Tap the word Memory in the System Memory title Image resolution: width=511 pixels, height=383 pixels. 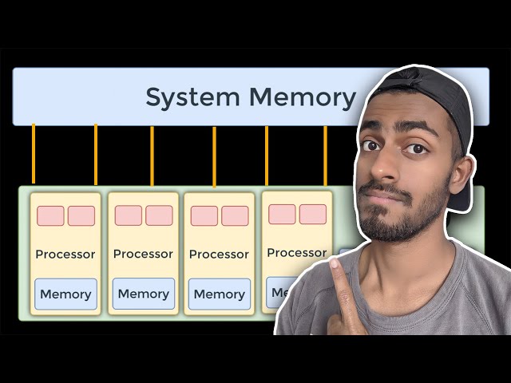[303, 97]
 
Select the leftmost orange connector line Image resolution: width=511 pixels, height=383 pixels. [33, 155]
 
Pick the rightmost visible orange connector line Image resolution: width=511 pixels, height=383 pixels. [325, 155]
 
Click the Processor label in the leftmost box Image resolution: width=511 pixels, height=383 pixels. [65, 255]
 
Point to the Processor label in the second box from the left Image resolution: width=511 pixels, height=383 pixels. [143, 255]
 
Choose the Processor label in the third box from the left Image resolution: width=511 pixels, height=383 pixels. [219, 255]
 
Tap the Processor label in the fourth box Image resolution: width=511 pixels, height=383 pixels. [296, 253]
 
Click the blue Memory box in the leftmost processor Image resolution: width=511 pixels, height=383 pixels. [65, 294]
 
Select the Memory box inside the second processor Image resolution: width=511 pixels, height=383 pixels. [143, 294]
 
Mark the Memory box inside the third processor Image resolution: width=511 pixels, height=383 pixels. [219, 294]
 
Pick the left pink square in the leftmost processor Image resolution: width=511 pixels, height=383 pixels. [50, 216]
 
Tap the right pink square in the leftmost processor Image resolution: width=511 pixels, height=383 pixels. [81, 216]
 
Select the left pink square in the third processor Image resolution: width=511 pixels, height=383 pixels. [204, 216]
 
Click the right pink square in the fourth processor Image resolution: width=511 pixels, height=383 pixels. [312, 214]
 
